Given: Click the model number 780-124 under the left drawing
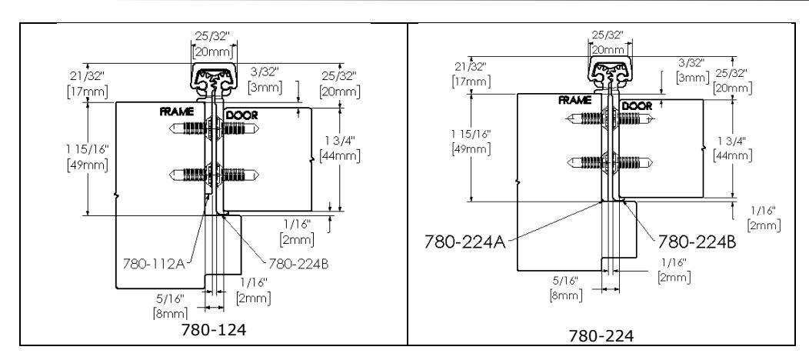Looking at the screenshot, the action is click(214, 329).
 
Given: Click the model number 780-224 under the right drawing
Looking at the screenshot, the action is click(601, 336).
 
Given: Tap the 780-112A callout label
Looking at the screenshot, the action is click(154, 264).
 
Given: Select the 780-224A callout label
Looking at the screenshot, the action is click(465, 242).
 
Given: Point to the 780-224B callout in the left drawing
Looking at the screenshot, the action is click(298, 264).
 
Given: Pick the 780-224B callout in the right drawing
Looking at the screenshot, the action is click(697, 242).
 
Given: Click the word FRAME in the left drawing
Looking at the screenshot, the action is click(176, 112).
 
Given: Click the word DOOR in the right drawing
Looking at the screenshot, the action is click(637, 105).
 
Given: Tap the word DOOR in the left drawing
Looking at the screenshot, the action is click(241, 115).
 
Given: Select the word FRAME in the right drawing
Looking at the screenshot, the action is click(574, 101).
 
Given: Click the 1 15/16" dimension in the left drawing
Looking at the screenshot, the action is click(88, 149).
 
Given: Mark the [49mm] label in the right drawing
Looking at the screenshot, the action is click(471, 149).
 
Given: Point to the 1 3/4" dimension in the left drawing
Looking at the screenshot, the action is click(340, 140).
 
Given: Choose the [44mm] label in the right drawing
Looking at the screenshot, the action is click(732, 155).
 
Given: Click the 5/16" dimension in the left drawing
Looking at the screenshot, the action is click(170, 298).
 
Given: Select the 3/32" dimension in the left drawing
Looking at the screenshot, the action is click(265, 72).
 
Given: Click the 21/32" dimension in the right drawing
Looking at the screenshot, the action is click(471, 66).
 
